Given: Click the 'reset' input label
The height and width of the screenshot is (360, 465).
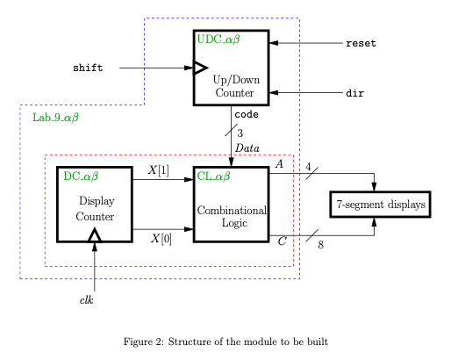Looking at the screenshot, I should [362, 43].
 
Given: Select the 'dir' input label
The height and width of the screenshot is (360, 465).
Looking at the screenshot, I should [354, 92].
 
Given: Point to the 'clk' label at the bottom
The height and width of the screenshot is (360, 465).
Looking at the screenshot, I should [87, 301].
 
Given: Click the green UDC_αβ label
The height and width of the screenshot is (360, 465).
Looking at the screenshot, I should [219, 40].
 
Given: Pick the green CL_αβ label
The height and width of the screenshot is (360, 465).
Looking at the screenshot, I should [213, 176].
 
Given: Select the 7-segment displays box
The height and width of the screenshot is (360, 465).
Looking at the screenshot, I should [380, 205].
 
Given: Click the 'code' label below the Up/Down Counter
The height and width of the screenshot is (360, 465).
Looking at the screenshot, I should [246, 114].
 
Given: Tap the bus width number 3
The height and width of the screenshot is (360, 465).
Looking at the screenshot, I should [240, 133].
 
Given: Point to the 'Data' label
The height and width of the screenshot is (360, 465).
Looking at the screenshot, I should [247, 148].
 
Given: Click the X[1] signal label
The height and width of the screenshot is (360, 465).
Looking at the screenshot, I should [159, 169].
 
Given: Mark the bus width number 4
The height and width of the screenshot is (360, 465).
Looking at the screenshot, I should [308, 165].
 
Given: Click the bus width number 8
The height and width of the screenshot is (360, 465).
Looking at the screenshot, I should [320, 245].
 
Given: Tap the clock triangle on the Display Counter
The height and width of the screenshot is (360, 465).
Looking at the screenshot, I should [95, 234].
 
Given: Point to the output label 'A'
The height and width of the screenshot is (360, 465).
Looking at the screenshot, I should [279, 163].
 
